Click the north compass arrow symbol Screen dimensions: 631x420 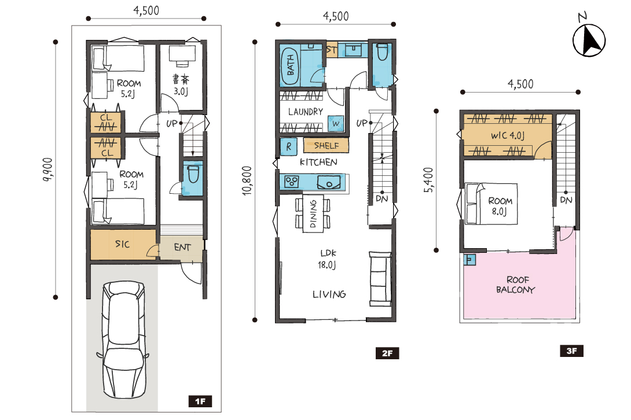pyautogui.click(x=589, y=40)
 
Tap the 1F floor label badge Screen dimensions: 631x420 pyautogui.click(x=200, y=401)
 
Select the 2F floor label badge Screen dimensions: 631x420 pyautogui.click(x=387, y=353)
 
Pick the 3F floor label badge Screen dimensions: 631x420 pyautogui.click(x=571, y=351)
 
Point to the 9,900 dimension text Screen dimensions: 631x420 pyautogui.click(x=47, y=170)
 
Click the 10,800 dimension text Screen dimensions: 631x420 pyautogui.click(x=247, y=180)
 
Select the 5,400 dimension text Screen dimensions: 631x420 pyautogui.click(x=428, y=180)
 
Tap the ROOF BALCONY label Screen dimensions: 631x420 pyautogui.click(x=515, y=285)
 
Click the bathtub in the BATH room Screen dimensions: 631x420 pyautogui.click(x=291, y=66)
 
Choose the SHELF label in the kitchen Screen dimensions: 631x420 pyautogui.click(x=326, y=146)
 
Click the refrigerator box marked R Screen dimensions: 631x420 pyautogui.click(x=288, y=148)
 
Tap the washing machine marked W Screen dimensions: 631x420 pyautogui.click(x=336, y=123)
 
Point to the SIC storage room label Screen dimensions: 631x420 pyautogui.click(x=122, y=244)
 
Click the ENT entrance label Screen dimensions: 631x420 pyautogui.click(x=182, y=247)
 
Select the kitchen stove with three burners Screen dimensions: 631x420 pyautogui.click(x=292, y=182)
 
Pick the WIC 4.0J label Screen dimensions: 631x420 pyautogui.click(x=508, y=135)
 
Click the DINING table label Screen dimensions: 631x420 pyautogui.click(x=313, y=213)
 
